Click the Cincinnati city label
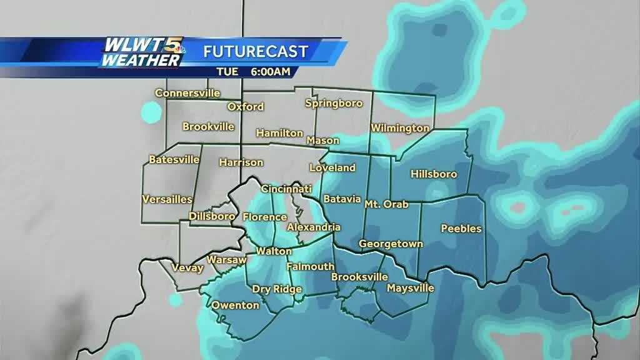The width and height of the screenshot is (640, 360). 286,189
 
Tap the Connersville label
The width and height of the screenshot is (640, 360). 187,93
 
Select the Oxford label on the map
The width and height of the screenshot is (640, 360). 246,107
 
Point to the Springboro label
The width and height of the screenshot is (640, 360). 334,103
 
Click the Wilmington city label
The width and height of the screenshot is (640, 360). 400,128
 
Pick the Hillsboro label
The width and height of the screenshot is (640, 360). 434,174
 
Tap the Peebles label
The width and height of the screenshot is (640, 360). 461,229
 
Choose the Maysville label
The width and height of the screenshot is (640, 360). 410,288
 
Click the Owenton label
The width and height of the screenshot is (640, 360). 235,305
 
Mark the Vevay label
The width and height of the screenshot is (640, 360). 187,268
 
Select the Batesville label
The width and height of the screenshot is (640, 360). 174,159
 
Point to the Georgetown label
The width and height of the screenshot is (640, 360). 391,244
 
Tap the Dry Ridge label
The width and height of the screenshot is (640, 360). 277,289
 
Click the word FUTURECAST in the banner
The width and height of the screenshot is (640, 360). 256,51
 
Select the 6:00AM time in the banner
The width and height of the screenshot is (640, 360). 270,71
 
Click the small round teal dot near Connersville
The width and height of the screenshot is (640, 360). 151,113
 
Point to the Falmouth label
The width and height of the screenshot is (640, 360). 310,267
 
